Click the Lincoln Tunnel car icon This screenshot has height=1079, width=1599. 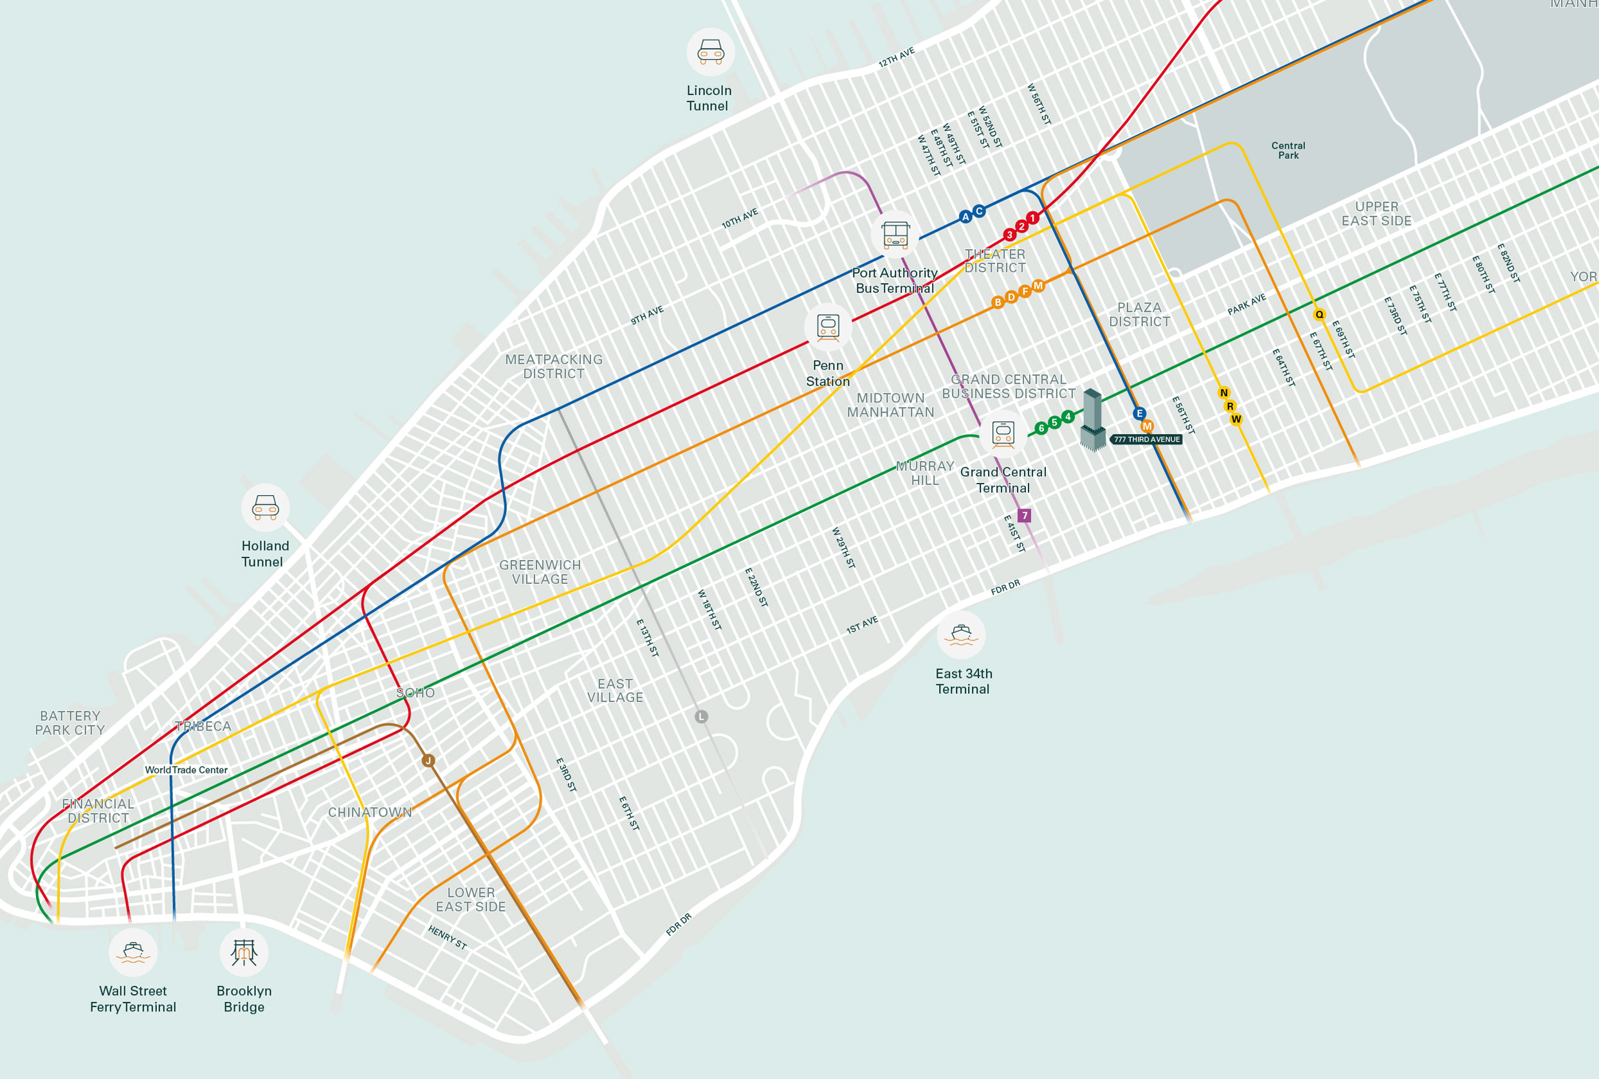coord(711,51)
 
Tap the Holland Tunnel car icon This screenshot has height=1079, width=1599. coord(265,507)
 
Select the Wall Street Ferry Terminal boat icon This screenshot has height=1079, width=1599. coord(132,952)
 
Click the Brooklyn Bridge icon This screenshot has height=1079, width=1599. coord(244,952)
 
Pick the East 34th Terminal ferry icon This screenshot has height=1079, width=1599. coord(961,635)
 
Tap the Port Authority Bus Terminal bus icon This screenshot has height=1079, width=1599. coord(896,235)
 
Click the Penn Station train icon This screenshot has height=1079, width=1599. coord(828,327)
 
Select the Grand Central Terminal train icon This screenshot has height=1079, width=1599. coord(1003,434)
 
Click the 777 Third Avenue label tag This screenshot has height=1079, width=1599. coord(1146,439)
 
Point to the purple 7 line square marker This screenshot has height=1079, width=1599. coord(1025,516)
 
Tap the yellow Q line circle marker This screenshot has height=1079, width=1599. coord(1320,315)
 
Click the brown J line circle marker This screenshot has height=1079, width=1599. coord(428,761)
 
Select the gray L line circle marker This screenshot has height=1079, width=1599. coord(701,716)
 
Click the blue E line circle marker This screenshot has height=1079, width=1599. coord(1139,413)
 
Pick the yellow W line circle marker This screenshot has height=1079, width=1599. coord(1236,419)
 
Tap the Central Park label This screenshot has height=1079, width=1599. coord(1288,150)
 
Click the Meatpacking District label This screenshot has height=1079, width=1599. coord(554,367)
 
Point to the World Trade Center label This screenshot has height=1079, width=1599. coord(186,770)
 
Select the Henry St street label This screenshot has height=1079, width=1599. coord(447,938)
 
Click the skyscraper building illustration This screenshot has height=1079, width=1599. coord(1093,419)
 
